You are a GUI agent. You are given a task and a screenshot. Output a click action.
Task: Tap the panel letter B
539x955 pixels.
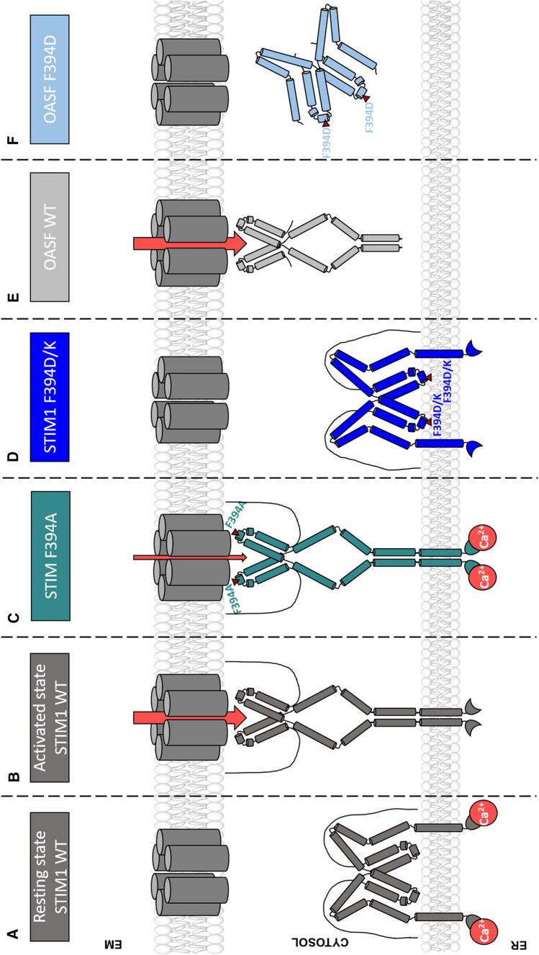pos(12,776)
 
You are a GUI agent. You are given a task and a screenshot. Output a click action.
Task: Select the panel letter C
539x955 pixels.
pos(12,616)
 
